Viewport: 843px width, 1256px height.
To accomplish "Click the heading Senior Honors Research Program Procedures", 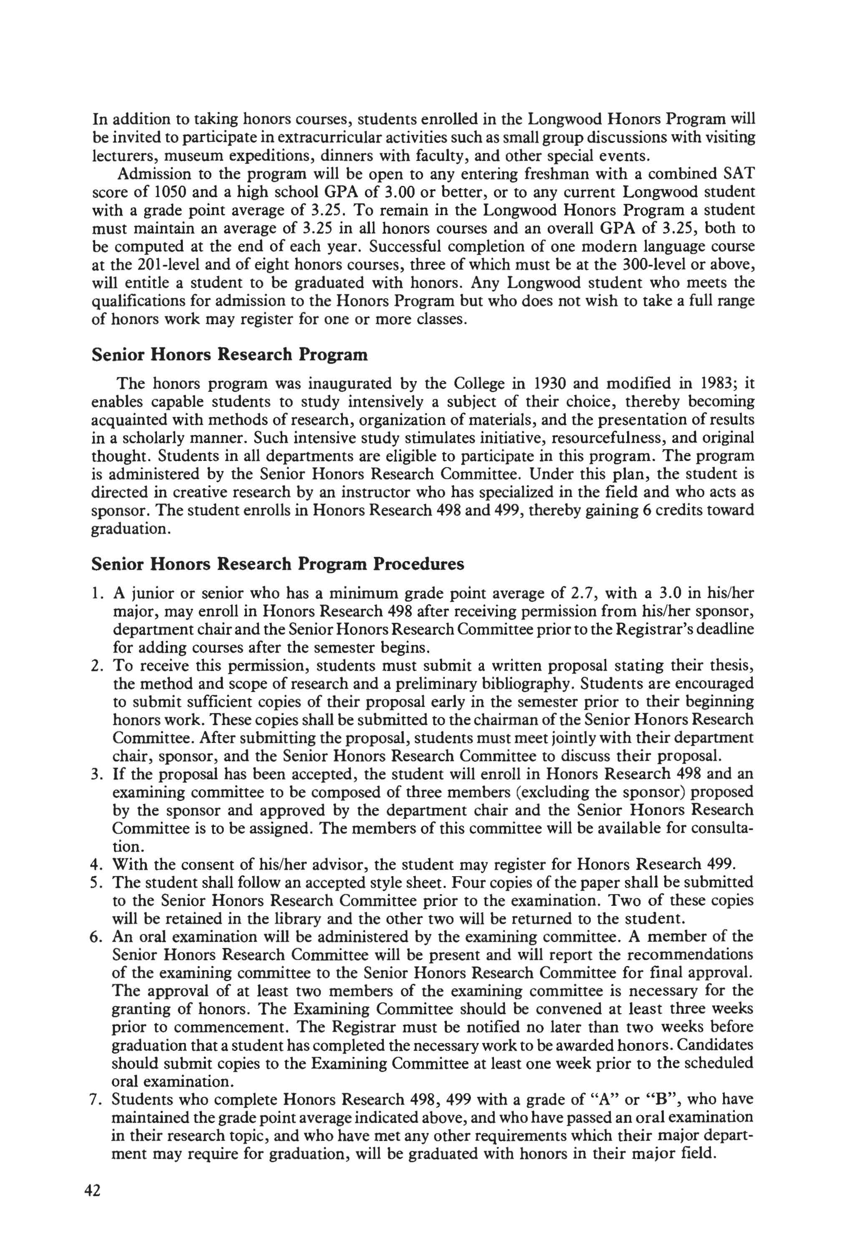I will [x=278, y=564].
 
